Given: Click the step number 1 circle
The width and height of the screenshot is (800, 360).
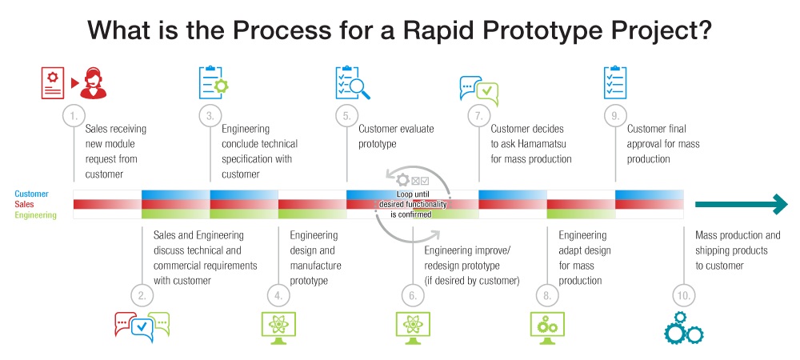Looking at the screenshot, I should [x=74, y=116].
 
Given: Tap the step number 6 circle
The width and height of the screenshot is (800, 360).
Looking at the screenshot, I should [x=413, y=296].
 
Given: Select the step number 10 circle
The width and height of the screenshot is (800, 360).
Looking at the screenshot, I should [x=684, y=296].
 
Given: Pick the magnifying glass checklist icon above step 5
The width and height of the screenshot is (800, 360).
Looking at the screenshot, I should [x=352, y=83].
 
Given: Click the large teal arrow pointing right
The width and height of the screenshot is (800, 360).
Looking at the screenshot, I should [x=741, y=205].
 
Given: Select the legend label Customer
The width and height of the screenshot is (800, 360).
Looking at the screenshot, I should [x=31, y=194].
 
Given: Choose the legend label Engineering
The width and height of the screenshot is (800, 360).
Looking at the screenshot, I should [x=36, y=215].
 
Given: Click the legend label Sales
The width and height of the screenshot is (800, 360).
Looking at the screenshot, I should [x=25, y=205].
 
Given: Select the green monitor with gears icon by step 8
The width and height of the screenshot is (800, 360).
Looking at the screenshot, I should [x=548, y=326].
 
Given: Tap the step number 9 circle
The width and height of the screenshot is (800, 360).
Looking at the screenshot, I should [x=615, y=116].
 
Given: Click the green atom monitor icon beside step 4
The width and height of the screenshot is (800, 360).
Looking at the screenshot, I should [x=278, y=326].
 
